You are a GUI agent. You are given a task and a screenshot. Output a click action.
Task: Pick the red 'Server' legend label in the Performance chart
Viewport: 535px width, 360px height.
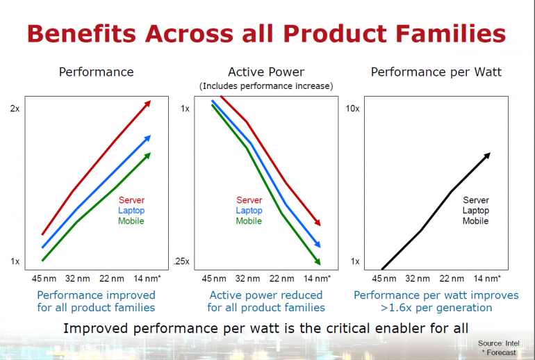(x=131, y=201)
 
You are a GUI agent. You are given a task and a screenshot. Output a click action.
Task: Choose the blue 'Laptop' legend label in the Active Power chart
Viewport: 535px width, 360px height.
(x=249, y=211)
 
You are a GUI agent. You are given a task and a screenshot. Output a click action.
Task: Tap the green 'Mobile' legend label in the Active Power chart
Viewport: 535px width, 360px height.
(x=249, y=221)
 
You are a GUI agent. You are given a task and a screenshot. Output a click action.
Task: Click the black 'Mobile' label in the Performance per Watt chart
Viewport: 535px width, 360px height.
(x=475, y=221)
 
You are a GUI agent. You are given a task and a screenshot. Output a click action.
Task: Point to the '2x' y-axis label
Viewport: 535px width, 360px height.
(x=15, y=109)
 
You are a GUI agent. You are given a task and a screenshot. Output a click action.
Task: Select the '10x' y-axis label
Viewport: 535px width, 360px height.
(x=352, y=109)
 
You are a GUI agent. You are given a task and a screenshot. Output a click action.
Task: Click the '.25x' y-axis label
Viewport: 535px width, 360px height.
(x=183, y=262)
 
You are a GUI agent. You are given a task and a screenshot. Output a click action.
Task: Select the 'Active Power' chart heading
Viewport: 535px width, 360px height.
(x=265, y=72)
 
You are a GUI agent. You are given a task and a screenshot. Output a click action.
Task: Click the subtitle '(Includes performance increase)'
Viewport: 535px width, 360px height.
(x=266, y=86)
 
